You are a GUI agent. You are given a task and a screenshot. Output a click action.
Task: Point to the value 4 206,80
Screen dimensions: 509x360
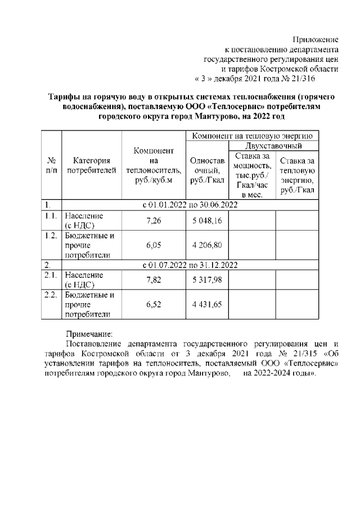pyautogui.click(x=206, y=245)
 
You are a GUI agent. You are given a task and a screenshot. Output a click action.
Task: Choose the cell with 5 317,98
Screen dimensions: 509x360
pyautogui.click(x=206, y=280)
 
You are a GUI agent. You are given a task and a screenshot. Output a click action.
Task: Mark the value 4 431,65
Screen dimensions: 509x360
pyautogui.click(x=206, y=304)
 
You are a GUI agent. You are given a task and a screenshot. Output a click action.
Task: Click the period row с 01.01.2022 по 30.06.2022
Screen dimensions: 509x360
pyautogui.click(x=190, y=204)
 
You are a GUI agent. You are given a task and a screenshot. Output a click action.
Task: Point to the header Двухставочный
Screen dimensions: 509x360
pyautogui.click(x=273, y=146)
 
